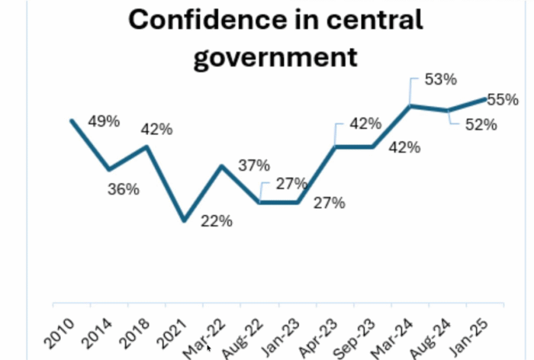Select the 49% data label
(x=104, y=121)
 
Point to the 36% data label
(x=123, y=190)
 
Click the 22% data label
(x=216, y=221)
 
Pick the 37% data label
(x=254, y=165)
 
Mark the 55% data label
(x=503, y=100)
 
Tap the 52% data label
(x=481, y=124)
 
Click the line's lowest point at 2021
(x=185, y=220)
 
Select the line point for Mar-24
(x=410, y=106)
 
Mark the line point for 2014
(x=110, y=169)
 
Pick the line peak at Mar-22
(x=222, y=166)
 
